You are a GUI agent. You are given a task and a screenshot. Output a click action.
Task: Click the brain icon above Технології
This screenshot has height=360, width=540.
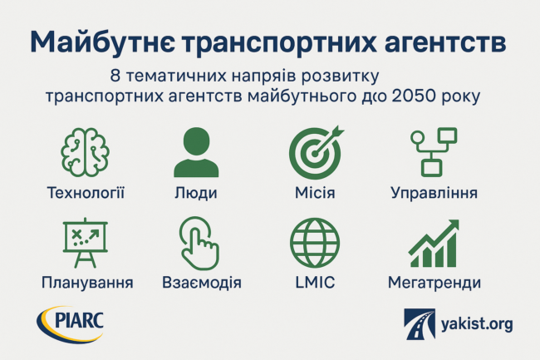click(x=85, y=152)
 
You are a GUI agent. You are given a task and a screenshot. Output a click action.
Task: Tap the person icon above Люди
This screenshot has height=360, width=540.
click(x=196, y=152)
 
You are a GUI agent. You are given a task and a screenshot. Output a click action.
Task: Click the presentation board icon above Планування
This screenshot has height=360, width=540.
click(x=85, y=243)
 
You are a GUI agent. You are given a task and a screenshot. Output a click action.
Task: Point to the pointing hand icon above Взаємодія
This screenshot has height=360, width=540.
click(x=199, y=244)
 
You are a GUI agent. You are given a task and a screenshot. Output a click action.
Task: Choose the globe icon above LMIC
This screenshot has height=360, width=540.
click(x=315, y=243)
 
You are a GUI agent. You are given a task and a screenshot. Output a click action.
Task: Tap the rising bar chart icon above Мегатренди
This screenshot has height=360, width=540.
click(x=434, y=244)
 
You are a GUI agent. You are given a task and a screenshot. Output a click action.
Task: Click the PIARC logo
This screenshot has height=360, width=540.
click(x=71, y=324)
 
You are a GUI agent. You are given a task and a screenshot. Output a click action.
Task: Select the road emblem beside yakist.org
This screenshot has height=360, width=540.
click(x=420, y=324)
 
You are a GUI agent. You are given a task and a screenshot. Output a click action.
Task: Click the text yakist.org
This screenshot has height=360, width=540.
click(x=477, y=324)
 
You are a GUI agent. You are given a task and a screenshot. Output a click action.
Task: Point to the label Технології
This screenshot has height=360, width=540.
click(x=86, y=193)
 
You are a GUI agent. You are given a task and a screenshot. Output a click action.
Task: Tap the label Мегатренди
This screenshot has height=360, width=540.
click(x=434, y=283)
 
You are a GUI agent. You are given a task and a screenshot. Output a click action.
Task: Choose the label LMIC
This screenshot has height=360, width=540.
click(x=315, y=283)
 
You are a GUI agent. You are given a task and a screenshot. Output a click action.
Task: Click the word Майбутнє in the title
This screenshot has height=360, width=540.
click(x=103, y=43)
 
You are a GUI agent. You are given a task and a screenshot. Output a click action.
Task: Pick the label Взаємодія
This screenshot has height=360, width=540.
click(x=202, y=283)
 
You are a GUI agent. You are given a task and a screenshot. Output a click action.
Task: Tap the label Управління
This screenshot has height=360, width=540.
click(x=434, y=193)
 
